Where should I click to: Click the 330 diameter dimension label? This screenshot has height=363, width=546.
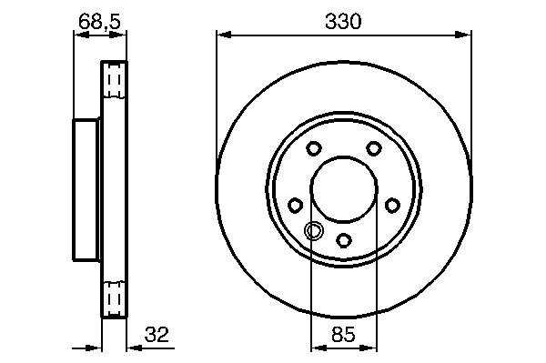343,22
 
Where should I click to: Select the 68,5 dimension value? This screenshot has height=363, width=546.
99,22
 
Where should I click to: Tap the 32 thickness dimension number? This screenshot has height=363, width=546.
157,335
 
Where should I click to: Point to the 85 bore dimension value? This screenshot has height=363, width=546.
343,335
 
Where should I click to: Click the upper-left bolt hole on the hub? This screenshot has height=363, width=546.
314,148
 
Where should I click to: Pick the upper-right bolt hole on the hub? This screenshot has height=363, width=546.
374,148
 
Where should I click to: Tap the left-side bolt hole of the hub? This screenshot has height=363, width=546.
295,205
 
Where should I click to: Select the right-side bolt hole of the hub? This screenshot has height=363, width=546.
392,205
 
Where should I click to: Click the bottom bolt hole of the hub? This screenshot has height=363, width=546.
344,240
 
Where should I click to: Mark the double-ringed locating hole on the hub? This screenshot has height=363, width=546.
314,230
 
